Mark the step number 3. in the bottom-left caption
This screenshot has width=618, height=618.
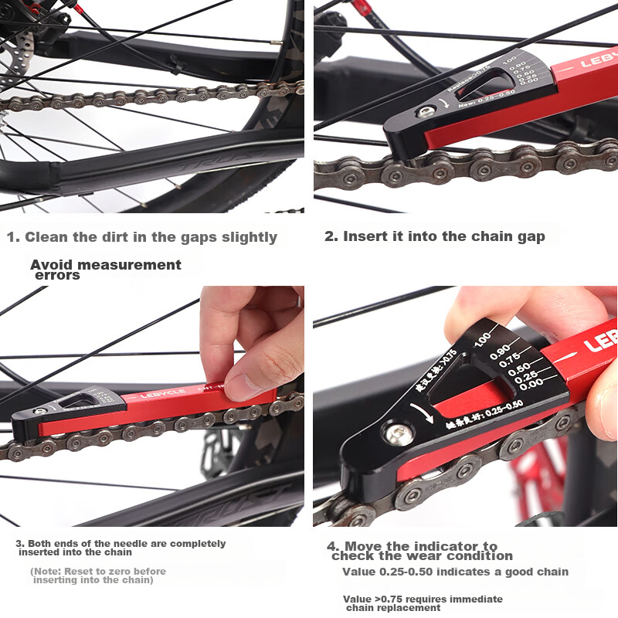[x=21, y=544]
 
